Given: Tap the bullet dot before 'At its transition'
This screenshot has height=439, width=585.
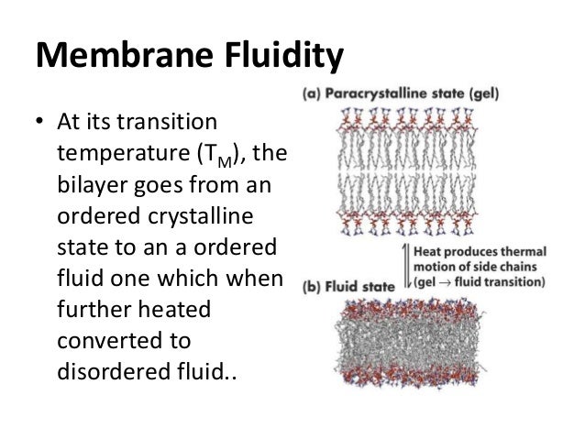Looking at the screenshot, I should (40, 122).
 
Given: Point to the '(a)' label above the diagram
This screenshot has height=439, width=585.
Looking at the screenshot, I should (310, 95).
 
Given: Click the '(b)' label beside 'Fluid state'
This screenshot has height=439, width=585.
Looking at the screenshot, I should (312, 284).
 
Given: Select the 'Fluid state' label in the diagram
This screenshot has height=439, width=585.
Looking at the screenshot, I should (356, 284).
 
